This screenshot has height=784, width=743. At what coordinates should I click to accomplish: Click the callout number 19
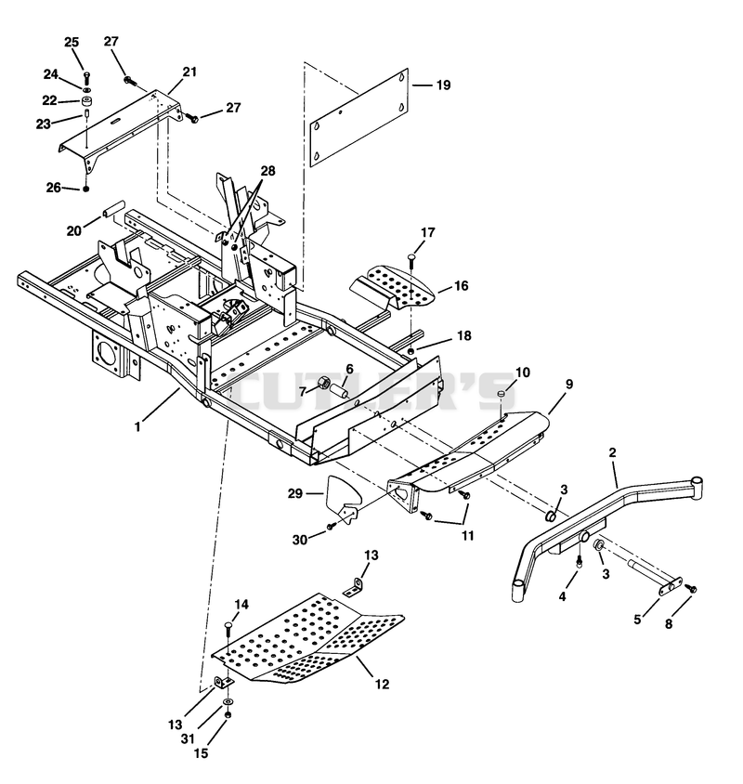[444, 85]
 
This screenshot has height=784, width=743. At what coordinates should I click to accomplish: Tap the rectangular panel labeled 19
[359, 117]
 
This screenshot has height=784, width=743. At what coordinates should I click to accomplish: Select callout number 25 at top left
[72, 42]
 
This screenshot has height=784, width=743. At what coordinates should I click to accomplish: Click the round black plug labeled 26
[86, 189]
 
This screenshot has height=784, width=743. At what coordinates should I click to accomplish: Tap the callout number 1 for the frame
[137, 427]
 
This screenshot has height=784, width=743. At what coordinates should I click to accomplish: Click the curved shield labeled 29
[344, 498]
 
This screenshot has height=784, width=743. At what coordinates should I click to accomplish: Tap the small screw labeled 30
[331, 527]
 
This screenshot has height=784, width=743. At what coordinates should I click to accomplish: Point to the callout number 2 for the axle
[612, 453]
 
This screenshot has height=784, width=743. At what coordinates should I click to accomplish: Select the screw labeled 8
[692, 589]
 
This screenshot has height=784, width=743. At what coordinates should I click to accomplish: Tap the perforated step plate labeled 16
[393, 286]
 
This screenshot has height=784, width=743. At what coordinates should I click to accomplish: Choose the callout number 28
[268, 171]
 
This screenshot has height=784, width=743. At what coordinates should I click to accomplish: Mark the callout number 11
[467, 535]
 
